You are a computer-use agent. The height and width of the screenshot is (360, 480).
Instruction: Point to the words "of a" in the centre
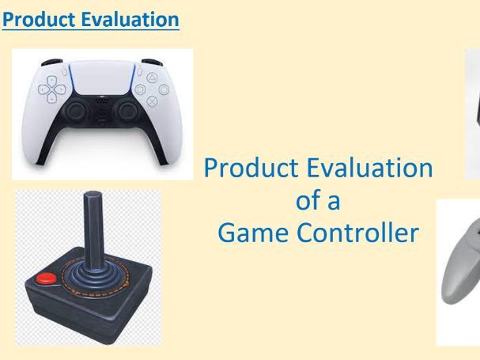click(x=318, y=201)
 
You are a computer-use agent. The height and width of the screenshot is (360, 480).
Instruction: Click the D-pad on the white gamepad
click(x=55, y=89)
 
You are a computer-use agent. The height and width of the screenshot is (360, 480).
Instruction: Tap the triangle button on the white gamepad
click(x=149, y=78)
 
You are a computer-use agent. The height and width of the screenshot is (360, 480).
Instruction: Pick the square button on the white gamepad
click(x=137, y=89)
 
